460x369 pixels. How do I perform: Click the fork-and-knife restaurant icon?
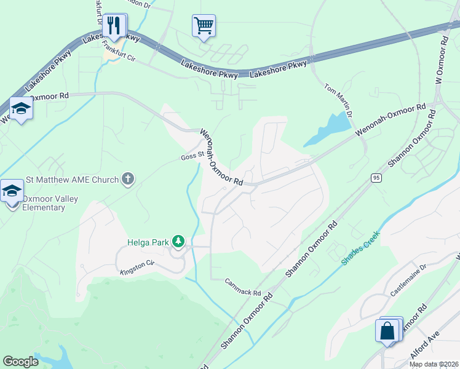tap(114, 25)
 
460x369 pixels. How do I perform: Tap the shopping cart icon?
tap(204, 26)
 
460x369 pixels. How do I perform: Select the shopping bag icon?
tap(388, 331)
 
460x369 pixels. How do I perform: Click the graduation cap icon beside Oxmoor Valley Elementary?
tap(12, 191)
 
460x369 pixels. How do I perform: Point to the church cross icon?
tap(128, 179)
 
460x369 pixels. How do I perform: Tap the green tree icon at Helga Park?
tap(178, 241)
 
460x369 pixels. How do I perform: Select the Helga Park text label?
tap(148, 242)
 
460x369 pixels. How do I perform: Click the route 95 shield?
tap(376, 178)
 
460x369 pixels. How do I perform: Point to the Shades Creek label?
tap(361, 247)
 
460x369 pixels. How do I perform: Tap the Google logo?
tap(20, 362)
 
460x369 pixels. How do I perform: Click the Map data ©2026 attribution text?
tap(433, 364)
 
